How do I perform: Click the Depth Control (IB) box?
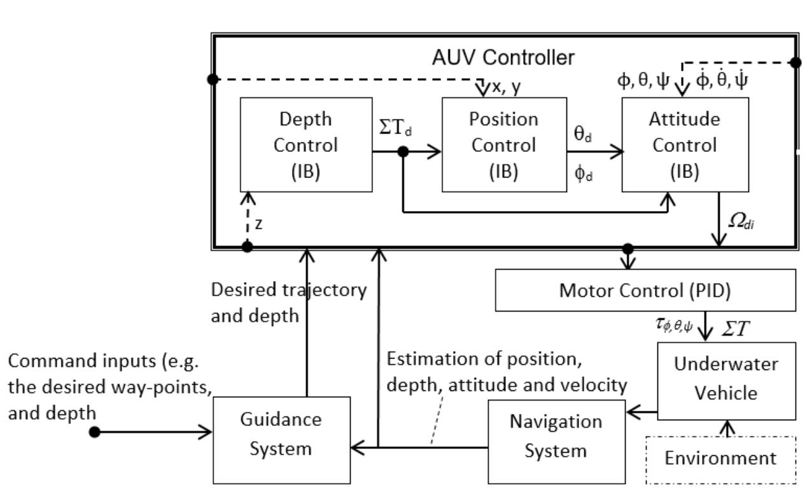point(306,144)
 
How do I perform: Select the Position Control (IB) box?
point(504,144)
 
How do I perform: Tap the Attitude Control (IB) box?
point(685,144)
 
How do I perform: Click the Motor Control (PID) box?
point(645,290)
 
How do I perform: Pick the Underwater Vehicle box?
point(726,381)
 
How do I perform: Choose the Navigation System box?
point(557,442)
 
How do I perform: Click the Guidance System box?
point(281,441)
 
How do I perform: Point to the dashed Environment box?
point(721,460)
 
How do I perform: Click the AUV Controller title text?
point(503,58)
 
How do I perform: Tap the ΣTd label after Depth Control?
point(395,128)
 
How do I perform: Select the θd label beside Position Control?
point(582,134)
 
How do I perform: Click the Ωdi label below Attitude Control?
point(741,221)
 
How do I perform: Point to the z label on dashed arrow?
point(258,224)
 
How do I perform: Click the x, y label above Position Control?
point(506,87)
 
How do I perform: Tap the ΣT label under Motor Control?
point(736,328)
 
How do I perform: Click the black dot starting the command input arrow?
point(94,432)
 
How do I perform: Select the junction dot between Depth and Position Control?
point(403,151)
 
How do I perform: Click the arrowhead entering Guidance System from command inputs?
point(206,432)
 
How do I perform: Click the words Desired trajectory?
point(288,290)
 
